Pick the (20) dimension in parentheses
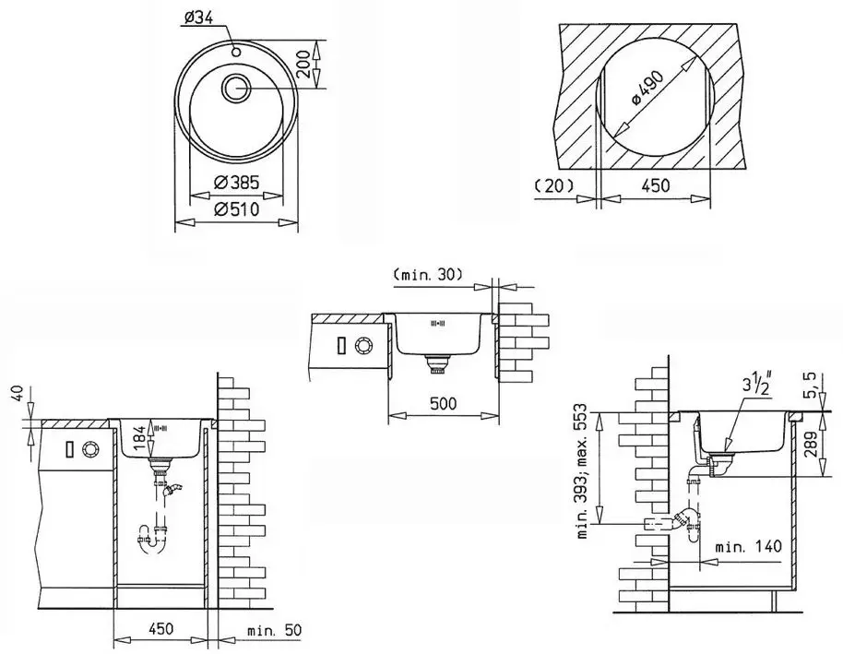(x=553, y=185)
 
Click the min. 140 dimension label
(x=748, y=546)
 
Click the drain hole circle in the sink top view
(x=236, y=89)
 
